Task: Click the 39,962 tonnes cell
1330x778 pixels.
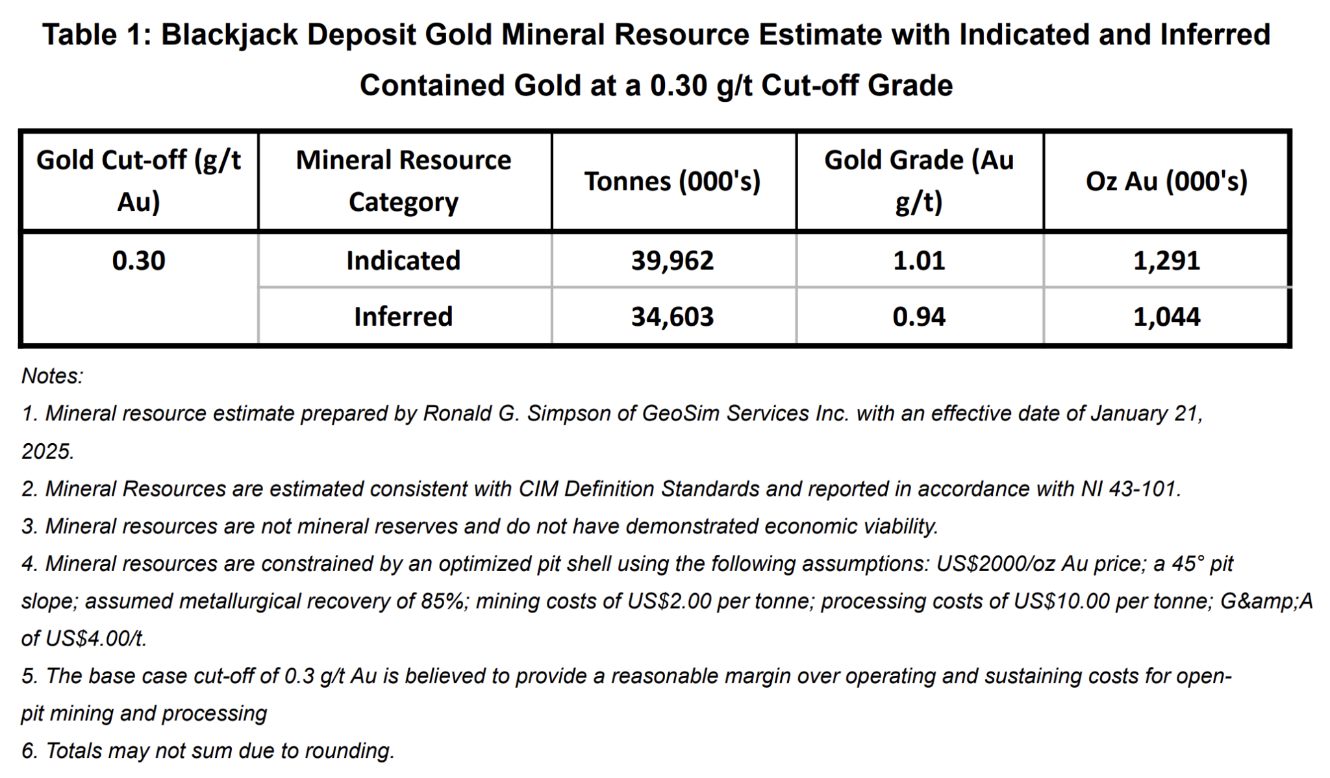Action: [672, 261]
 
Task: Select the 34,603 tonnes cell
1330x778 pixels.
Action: [672, 317]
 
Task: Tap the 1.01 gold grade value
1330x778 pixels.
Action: [918, 261]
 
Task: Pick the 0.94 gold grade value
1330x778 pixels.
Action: [918, 317]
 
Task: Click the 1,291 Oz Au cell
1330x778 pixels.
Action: [1166, 261]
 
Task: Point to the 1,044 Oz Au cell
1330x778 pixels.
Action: [1166, 317]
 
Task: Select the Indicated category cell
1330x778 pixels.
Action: [403, 261]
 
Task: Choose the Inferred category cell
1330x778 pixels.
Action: [403, 317]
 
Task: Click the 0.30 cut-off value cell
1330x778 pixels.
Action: [138, 261]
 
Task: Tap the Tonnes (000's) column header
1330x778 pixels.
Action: [672, 181]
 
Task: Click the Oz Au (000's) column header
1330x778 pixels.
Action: [1166, 181]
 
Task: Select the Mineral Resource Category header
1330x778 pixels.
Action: [403, 181]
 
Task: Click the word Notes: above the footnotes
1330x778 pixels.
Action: [52, 376]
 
